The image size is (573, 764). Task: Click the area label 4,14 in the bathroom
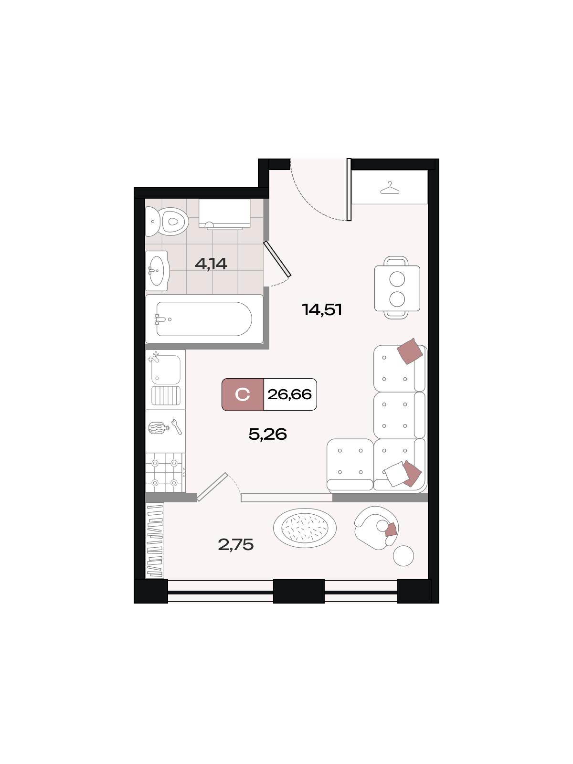click(211, 264)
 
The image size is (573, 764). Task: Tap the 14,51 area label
click(322, 309)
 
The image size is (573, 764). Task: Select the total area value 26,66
click(289, 394)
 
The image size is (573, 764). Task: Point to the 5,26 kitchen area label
click(267, 434)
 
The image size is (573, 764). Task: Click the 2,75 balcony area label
click(235, 544)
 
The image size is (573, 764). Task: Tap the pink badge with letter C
click(243, 394)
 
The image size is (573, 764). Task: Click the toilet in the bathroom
click(167, 222)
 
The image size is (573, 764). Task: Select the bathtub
click(204, 319)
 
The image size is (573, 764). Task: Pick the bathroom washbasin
click(157, 271)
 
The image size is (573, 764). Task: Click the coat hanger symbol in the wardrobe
click(390, 188)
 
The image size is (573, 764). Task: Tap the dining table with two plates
click(397, 288)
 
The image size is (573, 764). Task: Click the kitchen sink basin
click(166, 370)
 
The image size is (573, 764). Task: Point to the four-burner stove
click(165, 473)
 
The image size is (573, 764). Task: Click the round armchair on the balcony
click(376, 528)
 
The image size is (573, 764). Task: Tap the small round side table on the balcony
click(403, 556)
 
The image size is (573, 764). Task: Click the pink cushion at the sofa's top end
click(410, 351)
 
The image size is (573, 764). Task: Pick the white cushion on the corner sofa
click(396, 474)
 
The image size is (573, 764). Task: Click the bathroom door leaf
click(277, 259)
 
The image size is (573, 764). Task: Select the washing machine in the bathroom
click(224, 214)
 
